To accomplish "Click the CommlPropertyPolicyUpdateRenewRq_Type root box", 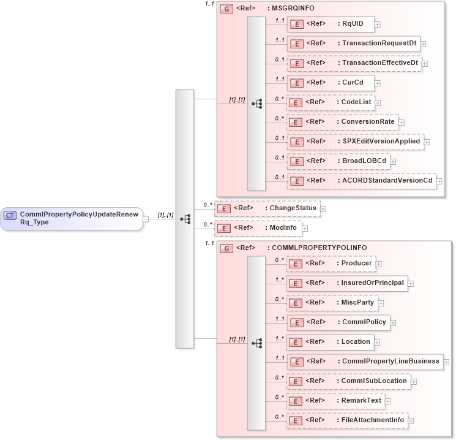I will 72,218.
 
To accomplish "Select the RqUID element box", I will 331,24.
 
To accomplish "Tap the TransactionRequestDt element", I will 353,44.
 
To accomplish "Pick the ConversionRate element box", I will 342,122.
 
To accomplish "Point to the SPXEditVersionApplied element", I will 355,142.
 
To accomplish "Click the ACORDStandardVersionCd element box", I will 361,181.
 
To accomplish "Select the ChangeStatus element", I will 267,208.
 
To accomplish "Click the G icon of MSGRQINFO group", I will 226,9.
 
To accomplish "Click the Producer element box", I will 331,264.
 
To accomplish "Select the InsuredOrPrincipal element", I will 347,283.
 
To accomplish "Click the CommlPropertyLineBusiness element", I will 365,362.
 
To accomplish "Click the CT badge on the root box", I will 10,215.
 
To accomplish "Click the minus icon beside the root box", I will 146,218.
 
